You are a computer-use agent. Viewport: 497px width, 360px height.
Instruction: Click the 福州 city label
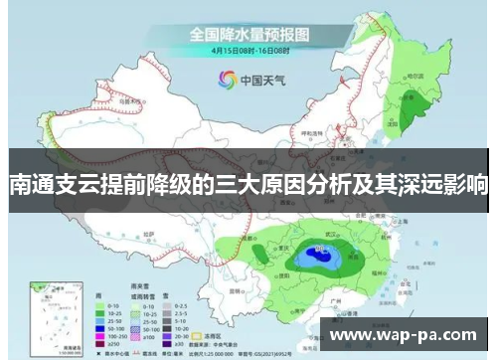[397, 273]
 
